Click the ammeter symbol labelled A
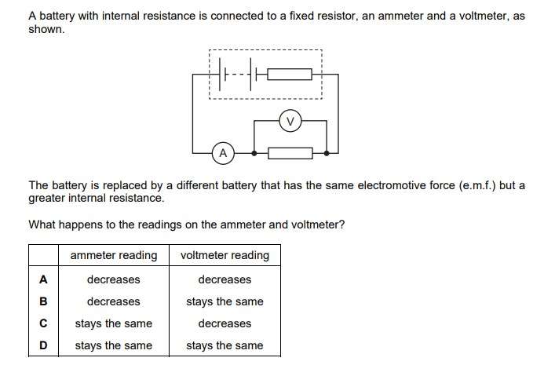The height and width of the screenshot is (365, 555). pos(223,152)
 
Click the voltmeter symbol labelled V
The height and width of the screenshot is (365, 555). pos(290,121)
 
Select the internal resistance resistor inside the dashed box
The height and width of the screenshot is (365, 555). pos(290,75)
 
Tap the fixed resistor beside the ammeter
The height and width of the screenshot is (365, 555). pos(290,152)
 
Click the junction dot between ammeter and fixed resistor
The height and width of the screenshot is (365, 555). pos(254,152)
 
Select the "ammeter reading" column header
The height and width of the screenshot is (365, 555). pos(114,255)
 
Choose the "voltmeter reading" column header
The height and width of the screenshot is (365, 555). pos(225,255)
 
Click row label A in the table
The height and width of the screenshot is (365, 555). pos(43,279)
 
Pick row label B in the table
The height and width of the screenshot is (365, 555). pos(43,301)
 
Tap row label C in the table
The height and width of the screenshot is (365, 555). pos(43,323)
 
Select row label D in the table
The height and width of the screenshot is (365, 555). pos(43,345)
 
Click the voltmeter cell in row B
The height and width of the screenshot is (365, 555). pos(225,301)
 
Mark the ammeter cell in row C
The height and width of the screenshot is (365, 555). pos(114,323)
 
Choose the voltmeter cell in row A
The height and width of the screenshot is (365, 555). pos(225,279)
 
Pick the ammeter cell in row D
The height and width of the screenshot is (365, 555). pos(114,345)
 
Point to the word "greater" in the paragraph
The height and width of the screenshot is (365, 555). pos(48,198)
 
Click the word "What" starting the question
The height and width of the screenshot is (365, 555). pos(42,224)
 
